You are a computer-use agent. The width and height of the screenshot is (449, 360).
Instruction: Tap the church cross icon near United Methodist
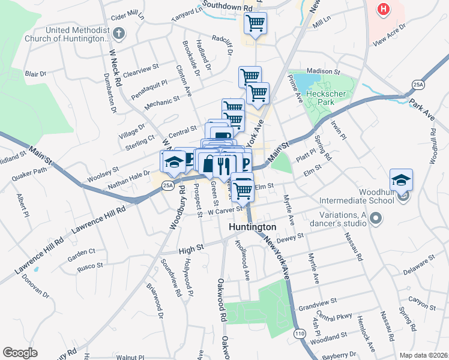tap(119, 33)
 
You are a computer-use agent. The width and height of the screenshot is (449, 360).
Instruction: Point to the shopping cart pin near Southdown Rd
tap(255, 24)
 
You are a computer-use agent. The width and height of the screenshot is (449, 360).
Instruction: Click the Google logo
tap(19, 352)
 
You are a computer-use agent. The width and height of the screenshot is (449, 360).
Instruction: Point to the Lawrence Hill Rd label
tap(99, 220)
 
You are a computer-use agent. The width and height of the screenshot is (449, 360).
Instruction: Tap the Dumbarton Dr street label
tap(110, 92)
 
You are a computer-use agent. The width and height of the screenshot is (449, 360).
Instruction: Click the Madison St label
tap(324, 71)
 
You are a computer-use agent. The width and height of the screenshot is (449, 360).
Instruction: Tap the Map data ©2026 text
tap(423, 355)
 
